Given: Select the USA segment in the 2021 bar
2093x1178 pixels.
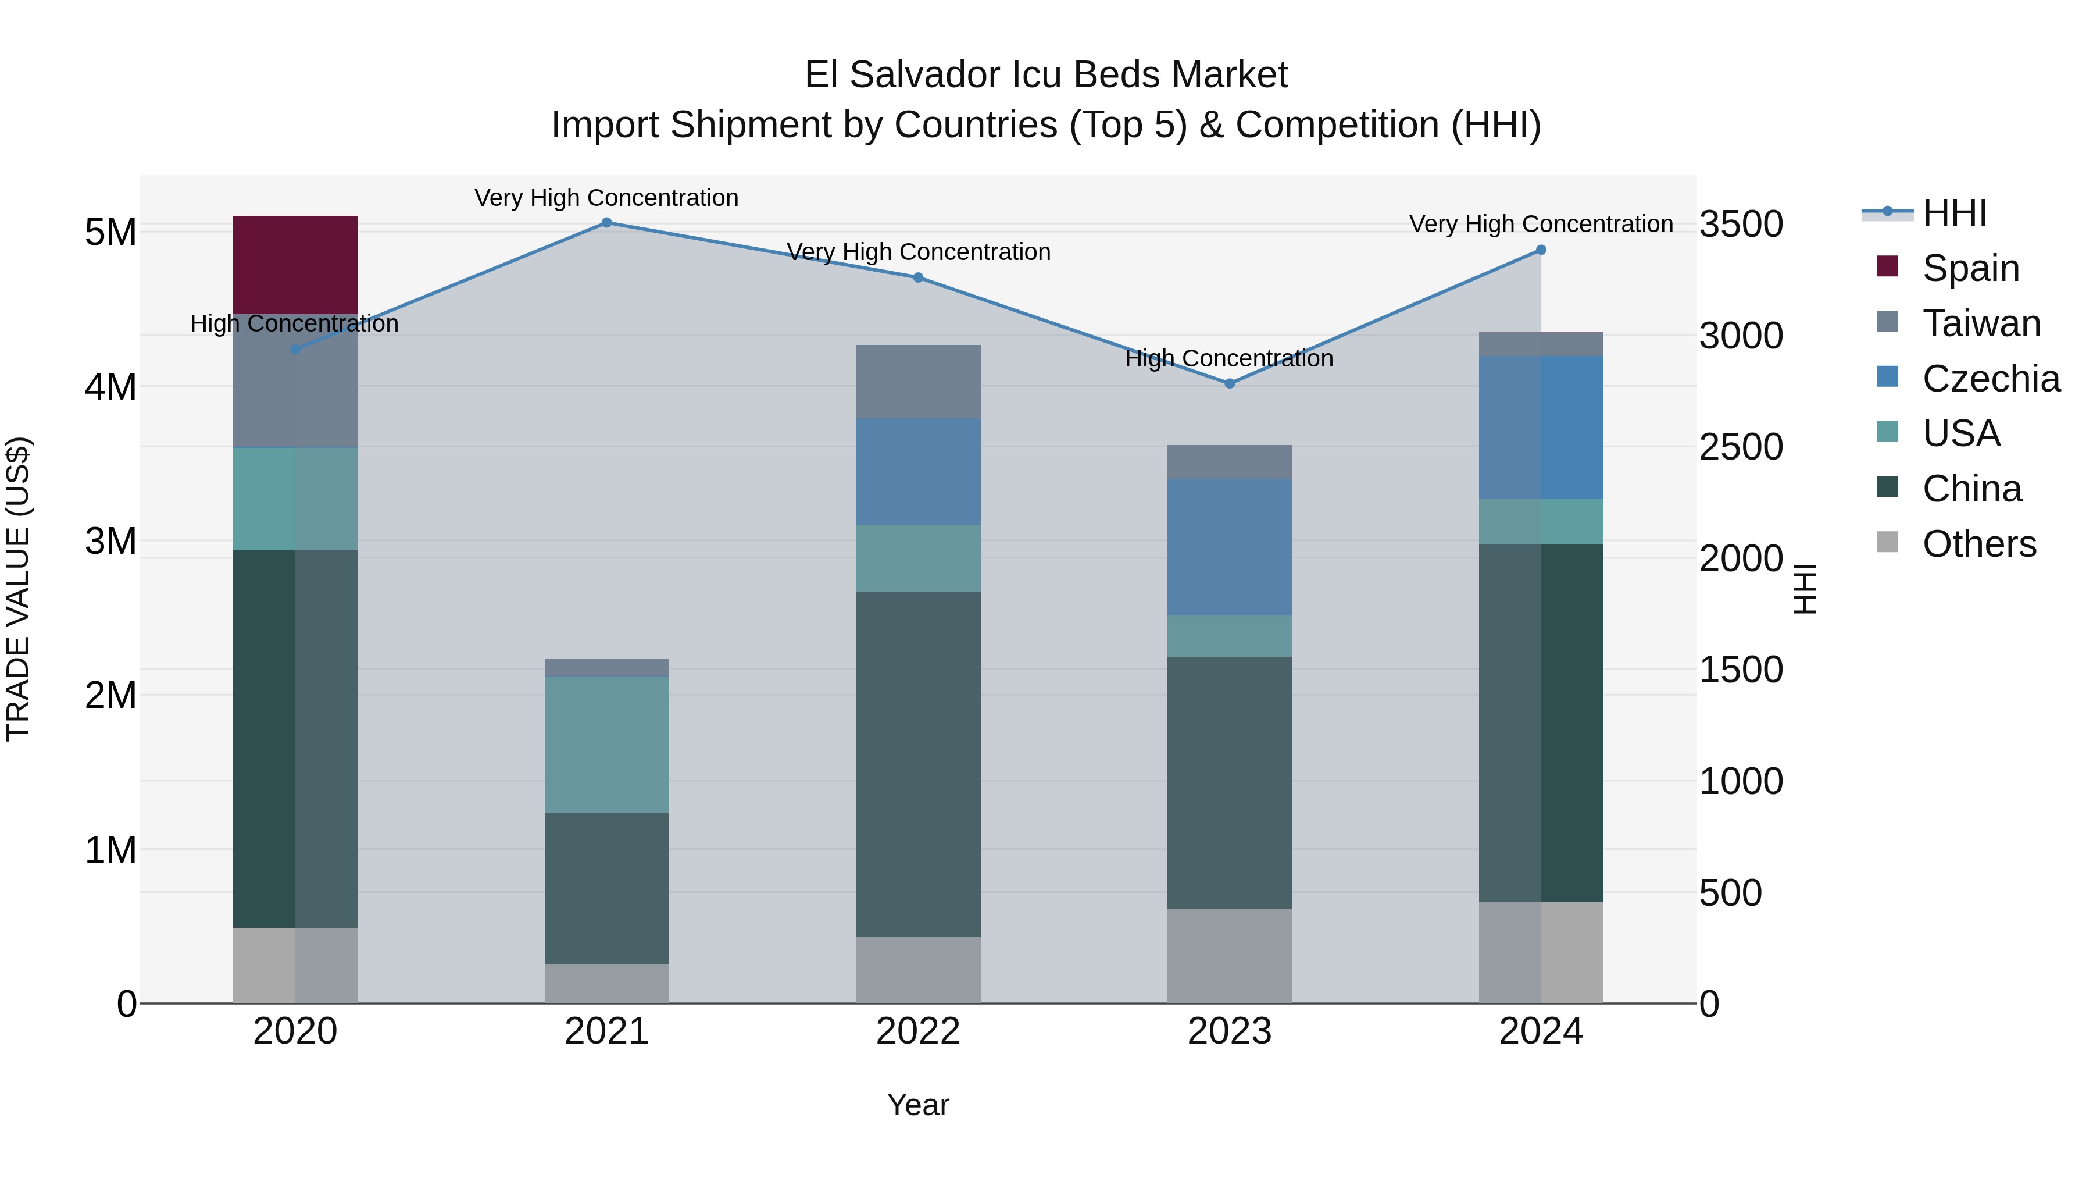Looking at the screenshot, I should pyautogui.click(x=606, y=744).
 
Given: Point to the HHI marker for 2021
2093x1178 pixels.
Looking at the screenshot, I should pyautogui.click(x=606, y=223).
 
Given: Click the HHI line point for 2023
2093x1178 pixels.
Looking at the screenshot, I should pyautogui.click(x=1229, y=384).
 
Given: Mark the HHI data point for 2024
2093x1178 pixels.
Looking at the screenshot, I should pyautogui.click(x=1541, y=250).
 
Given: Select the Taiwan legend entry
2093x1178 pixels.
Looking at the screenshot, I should pyautogui.click(x=1980, y=323).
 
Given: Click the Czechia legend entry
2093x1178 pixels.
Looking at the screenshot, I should pyautogui.click(x=1990, y=379).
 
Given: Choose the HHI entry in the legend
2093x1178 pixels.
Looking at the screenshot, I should pyautogui.click(x=1953, y=213).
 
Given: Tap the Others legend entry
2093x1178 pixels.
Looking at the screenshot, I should pyautogui.click(x=1978, y=544).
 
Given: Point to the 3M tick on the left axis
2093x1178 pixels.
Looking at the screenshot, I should pyautogui.click(x=110, y=540).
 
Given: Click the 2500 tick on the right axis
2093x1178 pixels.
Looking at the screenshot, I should pyautogui.click(x=1740, y=447).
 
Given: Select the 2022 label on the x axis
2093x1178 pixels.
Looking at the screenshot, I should pyautogui.click(x=917, y=1031).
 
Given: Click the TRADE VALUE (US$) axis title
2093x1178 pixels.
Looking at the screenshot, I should pyautogui.click(x=18, y=589).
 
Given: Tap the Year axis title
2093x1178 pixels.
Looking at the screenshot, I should pyautogui.click(x=917, y=1105).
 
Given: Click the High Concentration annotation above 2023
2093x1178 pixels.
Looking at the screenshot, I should pyautogui.click(x=1228, y=358).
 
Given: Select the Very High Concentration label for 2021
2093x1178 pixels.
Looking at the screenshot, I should pyautogui.click(x=606, y=198).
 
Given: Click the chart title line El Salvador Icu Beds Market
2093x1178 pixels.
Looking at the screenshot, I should pyautogui.click(x=1046, y=75).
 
